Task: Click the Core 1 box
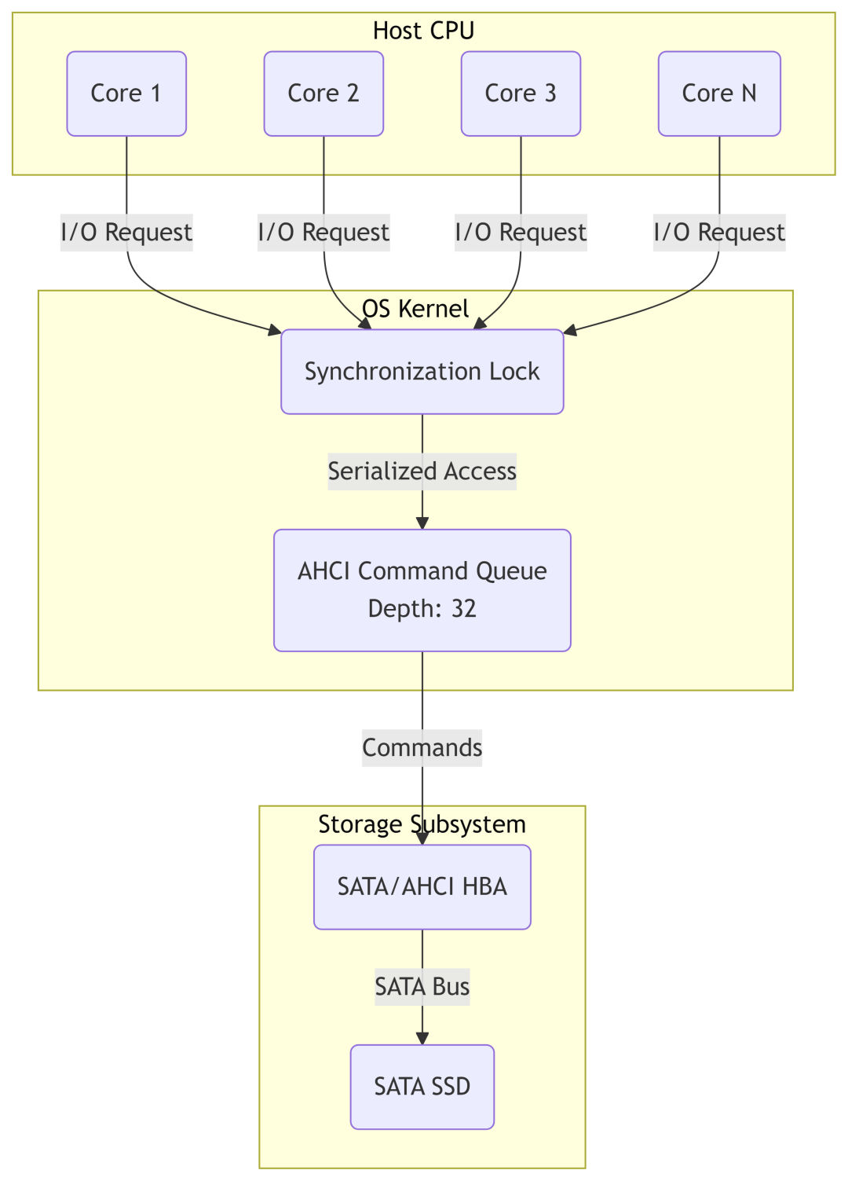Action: [126, 94]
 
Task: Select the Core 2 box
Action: [323, 94]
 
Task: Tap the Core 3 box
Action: [521, 94]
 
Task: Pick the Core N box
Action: [719, 94]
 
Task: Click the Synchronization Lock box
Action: [422, 372]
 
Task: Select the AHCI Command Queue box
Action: [422, 590]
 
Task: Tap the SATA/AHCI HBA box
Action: [422, 887]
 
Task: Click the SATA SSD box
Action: [422, 1087]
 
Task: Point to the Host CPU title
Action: [423, 31]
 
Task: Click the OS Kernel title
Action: [415, 309]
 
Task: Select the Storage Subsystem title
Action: [422, 824]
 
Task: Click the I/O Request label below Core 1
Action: [126, 233]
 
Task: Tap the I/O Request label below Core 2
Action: [323, 233]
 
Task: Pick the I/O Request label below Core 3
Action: [521, 233]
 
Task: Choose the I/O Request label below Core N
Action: [719, 233]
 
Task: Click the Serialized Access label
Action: [422, 471]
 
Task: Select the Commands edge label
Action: [422, 748]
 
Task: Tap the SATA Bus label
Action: [422, 987]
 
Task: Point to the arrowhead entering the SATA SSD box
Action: [422, 1039]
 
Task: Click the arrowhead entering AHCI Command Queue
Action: [422, 523]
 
